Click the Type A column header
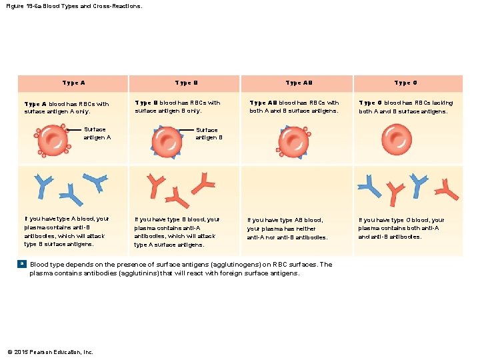[73, 83]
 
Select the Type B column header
[186, 83]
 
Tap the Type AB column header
[299, 83]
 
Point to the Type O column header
[405, 83]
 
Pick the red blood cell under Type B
[167, 141]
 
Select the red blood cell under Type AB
[292, 141]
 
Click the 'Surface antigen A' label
[97, 133]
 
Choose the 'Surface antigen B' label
[209, 133]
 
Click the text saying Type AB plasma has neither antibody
[287, 228]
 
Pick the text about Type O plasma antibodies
[401, 228]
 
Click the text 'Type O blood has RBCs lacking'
[405, 103]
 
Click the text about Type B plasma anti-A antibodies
[177, 231]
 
